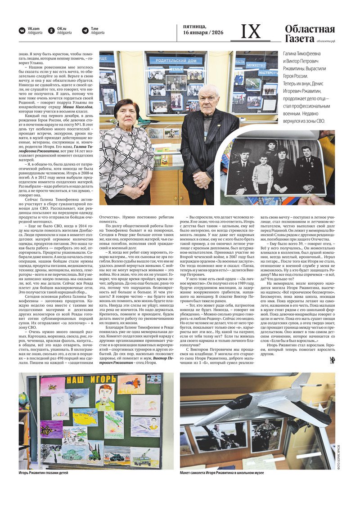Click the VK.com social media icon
[22, 31]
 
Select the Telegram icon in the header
[85, 31]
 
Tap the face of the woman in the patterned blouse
[126, 115]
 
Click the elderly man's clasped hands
[201, 180]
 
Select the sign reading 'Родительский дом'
[176, 60]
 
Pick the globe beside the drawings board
[24, 400]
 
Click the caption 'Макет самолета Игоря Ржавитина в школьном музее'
[222, 473]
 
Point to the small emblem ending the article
[332, 360]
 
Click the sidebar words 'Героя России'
[294, 76]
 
